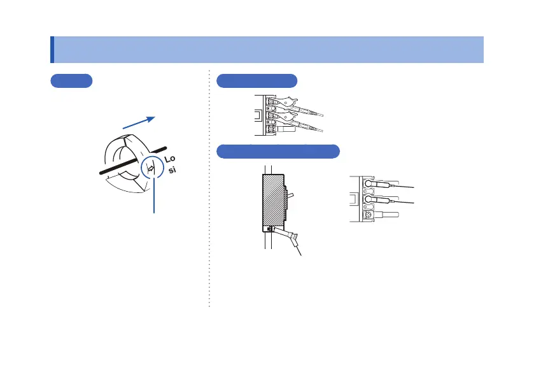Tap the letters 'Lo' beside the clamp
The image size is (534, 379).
(169, 159)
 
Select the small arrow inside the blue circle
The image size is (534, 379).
(151, 169)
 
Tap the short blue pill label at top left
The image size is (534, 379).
(71, 81)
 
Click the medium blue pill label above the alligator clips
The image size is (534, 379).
(257, 81)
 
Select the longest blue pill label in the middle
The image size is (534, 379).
(278, 152)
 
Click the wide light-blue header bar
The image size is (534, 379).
(267, 50)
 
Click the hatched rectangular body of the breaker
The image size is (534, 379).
(272, 201)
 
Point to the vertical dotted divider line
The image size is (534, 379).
(209, 191)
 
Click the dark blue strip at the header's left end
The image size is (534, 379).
(52, 50)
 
